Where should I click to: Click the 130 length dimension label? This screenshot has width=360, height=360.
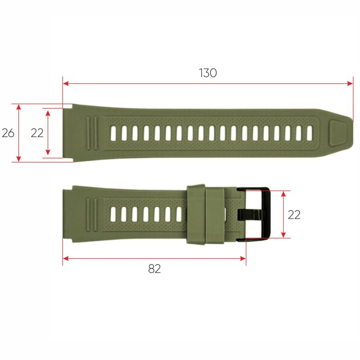(208, 73)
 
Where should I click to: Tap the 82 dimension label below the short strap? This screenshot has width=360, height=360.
(154, 268)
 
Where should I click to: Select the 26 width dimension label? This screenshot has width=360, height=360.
(8, 133)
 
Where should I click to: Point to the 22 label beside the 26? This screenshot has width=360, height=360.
(37, 133)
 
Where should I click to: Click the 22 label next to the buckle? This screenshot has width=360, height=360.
(294, 214)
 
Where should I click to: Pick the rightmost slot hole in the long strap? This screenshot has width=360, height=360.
(309, 133)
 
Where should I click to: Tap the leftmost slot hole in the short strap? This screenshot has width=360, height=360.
(113, 213)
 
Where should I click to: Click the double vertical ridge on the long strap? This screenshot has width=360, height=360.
(92, 133)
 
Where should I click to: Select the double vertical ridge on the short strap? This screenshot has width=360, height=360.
(92, 213)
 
